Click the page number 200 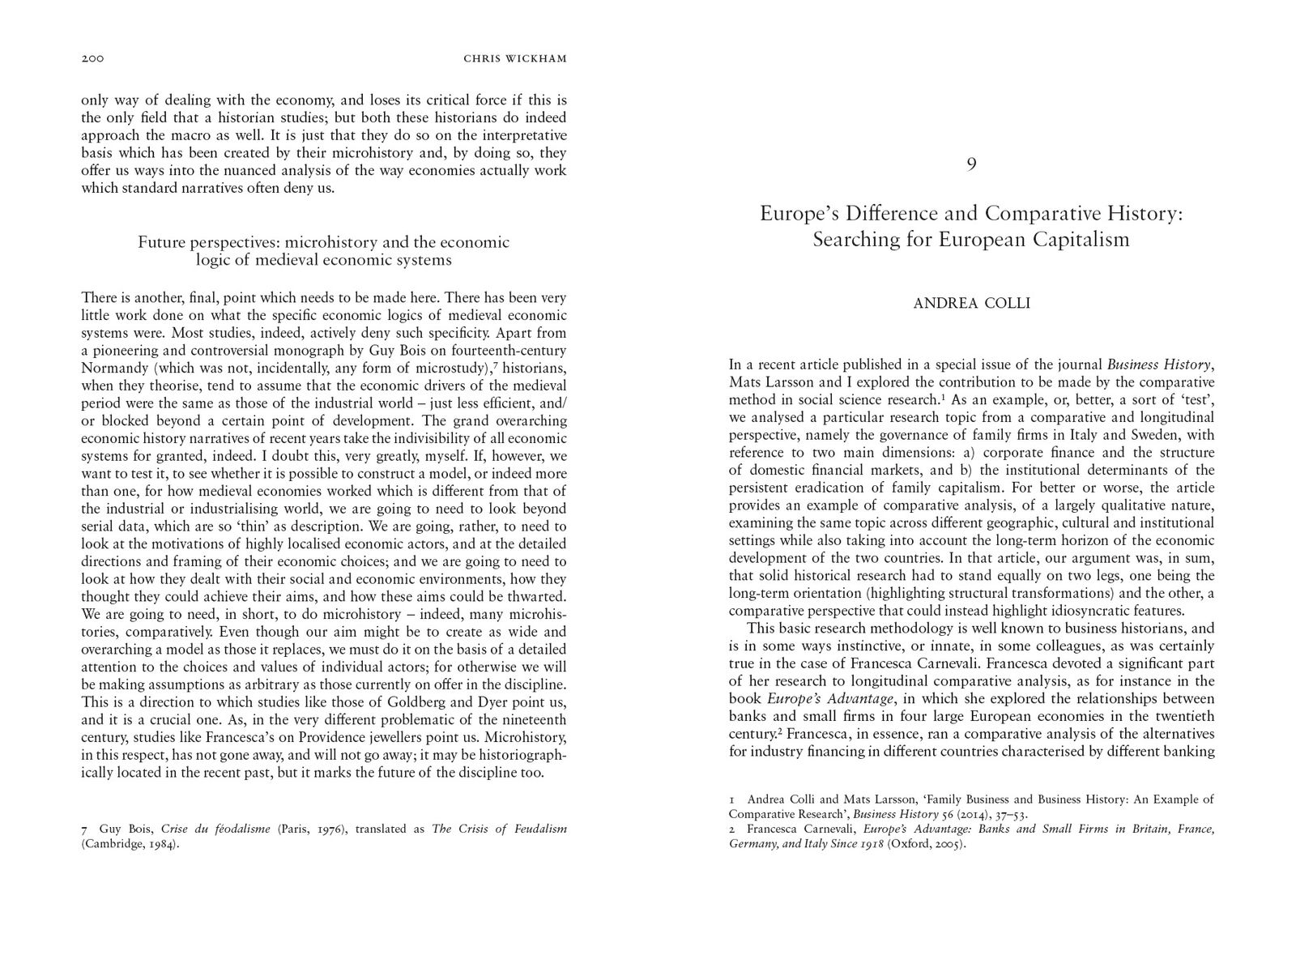point(94,58)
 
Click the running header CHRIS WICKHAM point(514,58)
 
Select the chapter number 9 point(971,164)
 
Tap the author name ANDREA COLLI point(971,304)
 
